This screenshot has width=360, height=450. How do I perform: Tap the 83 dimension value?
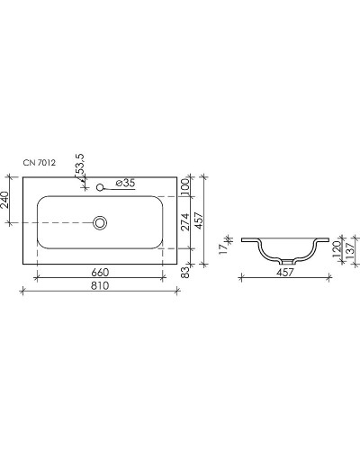click(x=185, y=271)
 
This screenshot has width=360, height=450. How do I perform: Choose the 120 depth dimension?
click(x=336, y=249)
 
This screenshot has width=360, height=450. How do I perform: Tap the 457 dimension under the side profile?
click(x=285, y=272)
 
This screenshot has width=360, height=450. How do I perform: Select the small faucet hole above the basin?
click(x=101, y=187)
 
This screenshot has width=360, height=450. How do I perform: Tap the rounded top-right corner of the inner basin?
click(x=160, y=200)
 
